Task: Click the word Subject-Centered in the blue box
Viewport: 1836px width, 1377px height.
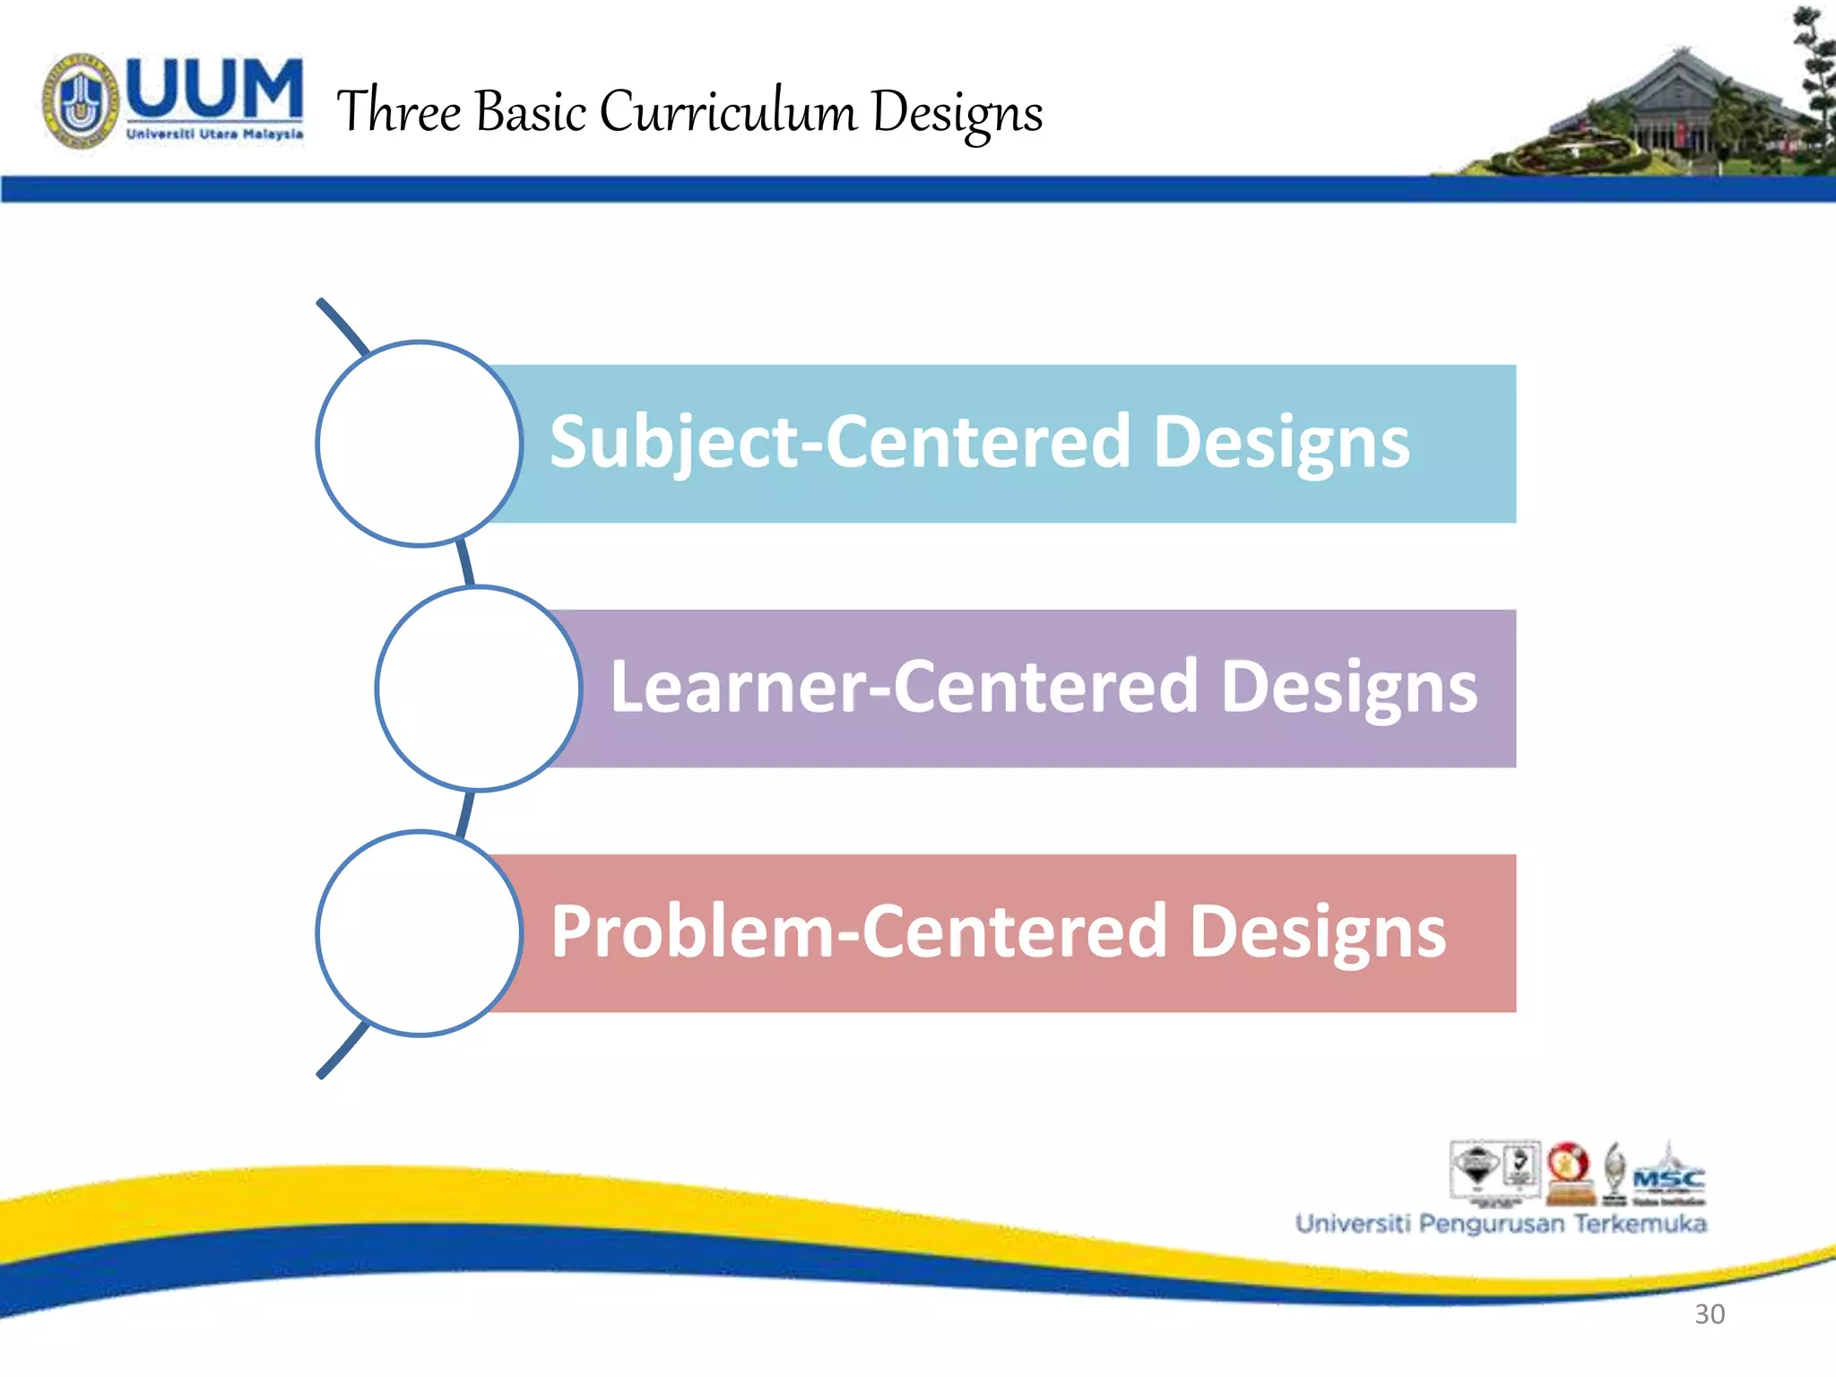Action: coord(838,442)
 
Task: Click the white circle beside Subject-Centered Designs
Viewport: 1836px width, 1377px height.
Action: coord(419,444)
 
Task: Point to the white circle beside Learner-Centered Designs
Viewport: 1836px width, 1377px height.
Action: coord(479,688)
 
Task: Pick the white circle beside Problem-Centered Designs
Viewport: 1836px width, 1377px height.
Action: coord(419,933)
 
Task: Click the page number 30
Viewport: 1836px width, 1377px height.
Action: coord(1710,1314)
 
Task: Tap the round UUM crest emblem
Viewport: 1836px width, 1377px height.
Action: coord(81,101)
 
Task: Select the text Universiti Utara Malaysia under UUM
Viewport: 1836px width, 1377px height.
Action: coord(214,134)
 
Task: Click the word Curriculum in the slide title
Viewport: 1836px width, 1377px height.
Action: coord(727,112)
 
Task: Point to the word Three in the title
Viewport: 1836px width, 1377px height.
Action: coord(398,112)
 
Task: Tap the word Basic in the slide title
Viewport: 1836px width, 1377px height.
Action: coord(530,112)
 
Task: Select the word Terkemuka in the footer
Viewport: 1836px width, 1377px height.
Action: coord(1640,1224)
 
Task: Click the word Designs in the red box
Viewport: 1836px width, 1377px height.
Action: coord(1317,931)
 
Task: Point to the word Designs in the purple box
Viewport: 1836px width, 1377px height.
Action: coord(1348,687)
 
